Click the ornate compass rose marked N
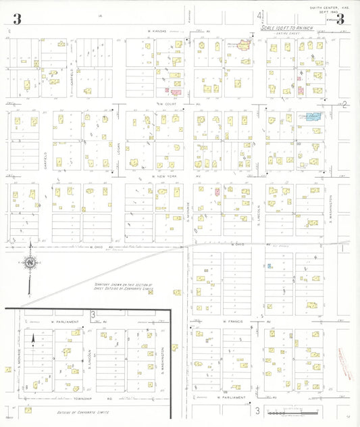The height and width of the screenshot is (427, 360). point(30,263)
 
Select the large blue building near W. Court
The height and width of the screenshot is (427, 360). point(311,117)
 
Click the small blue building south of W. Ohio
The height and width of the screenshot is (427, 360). point(269,266)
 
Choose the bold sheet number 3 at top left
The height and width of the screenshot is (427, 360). point(16,19)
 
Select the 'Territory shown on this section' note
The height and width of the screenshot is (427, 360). point(126,288)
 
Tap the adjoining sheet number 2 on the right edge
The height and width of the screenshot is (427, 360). point(344,104)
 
